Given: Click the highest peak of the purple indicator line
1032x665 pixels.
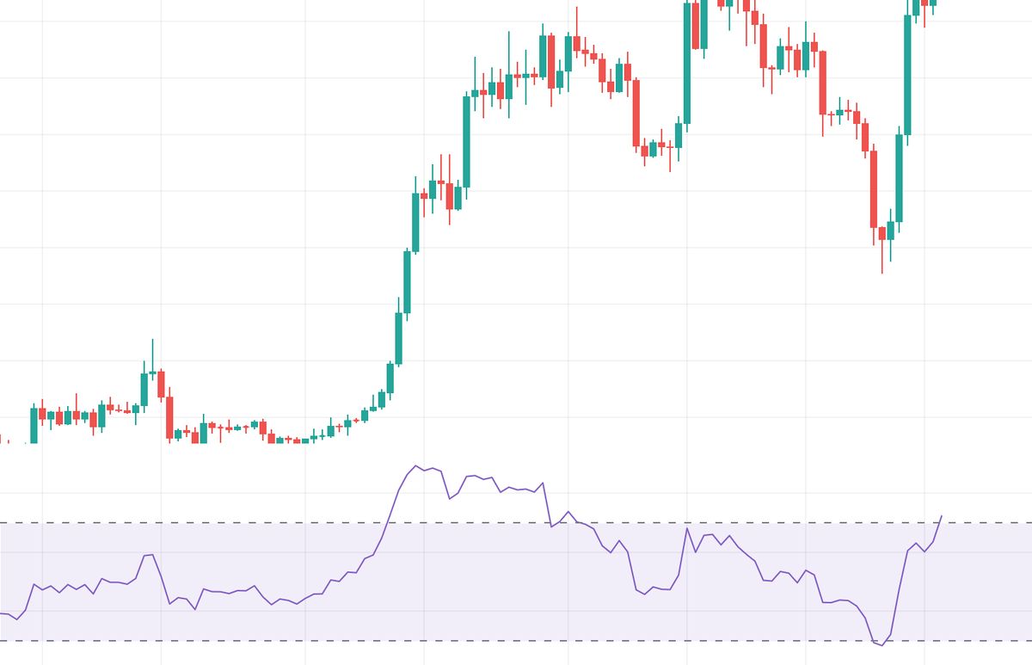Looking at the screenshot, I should tap(415, 466).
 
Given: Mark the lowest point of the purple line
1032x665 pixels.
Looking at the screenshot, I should tap(881, 645).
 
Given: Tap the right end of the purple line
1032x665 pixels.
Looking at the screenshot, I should tap(942, 516).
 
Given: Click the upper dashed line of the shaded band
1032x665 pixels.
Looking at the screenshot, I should tap(258, 523).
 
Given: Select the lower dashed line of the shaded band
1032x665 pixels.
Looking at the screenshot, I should tap(258, 641).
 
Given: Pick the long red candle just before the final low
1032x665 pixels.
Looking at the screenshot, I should tap(874, 189).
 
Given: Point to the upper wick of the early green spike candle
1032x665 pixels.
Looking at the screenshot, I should tap(153, 353).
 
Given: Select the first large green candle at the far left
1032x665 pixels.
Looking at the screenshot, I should tap(34, 425).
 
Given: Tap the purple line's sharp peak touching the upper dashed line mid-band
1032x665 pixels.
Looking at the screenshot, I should tap(687, 528).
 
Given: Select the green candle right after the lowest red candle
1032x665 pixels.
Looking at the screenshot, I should tap(890, 231).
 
